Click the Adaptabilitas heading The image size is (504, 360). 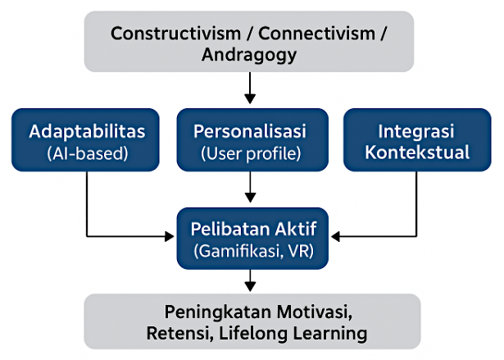tap(86, 131)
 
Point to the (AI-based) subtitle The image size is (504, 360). tap(86, 152)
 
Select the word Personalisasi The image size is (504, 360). tap(251, 131)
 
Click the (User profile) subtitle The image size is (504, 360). tap(251, 152)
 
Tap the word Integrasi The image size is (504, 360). tap(416, 131)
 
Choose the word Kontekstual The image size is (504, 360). tap(416, 152)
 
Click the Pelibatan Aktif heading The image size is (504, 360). tap(251, 229)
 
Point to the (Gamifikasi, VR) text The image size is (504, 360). tap(251, 250)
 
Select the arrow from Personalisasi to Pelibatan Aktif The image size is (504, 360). tap(251, 187)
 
